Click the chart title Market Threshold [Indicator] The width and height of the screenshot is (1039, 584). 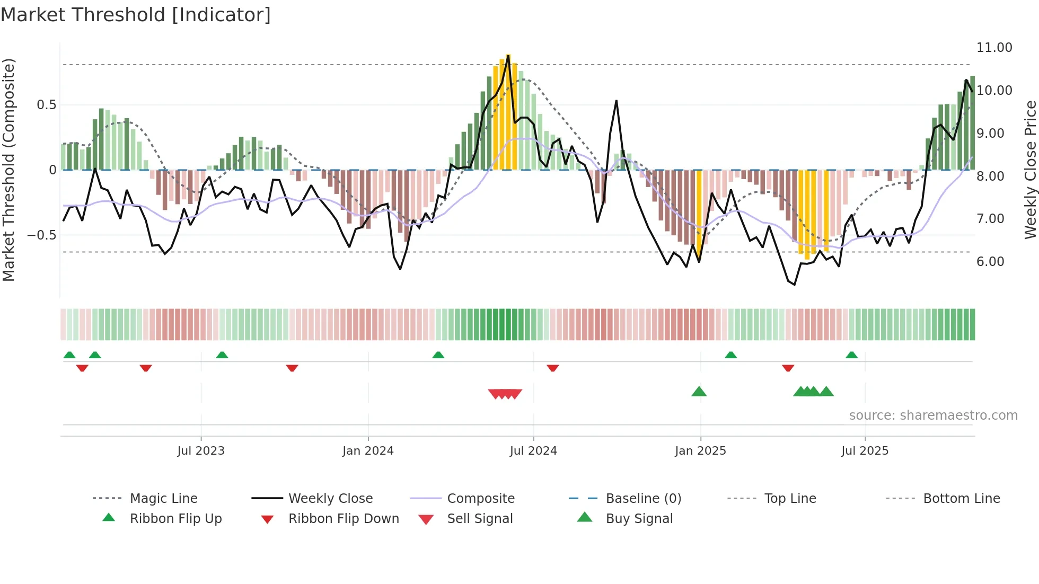point(136,15)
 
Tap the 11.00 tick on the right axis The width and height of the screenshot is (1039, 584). point(994,48)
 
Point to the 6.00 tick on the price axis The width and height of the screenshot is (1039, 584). point(990,262)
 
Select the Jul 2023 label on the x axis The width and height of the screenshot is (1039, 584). point(201,451)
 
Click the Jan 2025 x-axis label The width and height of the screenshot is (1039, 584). point(700,451)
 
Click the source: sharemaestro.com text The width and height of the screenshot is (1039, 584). point(933,415)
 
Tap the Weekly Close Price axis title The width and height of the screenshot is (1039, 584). point(1030,170)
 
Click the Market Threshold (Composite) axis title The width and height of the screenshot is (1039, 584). point(8,170)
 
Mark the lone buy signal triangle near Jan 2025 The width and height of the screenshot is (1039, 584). point(699,392)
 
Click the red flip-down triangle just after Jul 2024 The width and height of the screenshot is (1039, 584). point(552,368)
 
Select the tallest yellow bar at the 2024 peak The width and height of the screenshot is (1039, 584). point(508,111)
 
